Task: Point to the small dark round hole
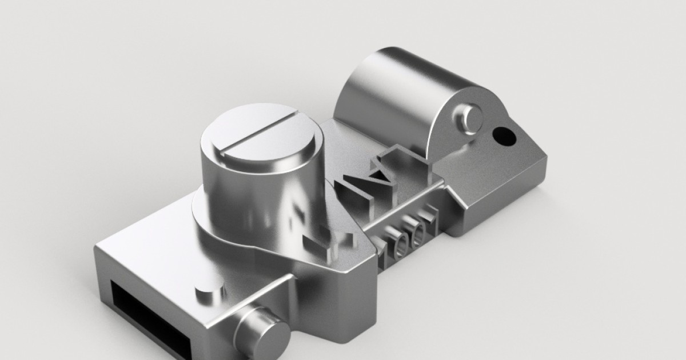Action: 504,135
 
